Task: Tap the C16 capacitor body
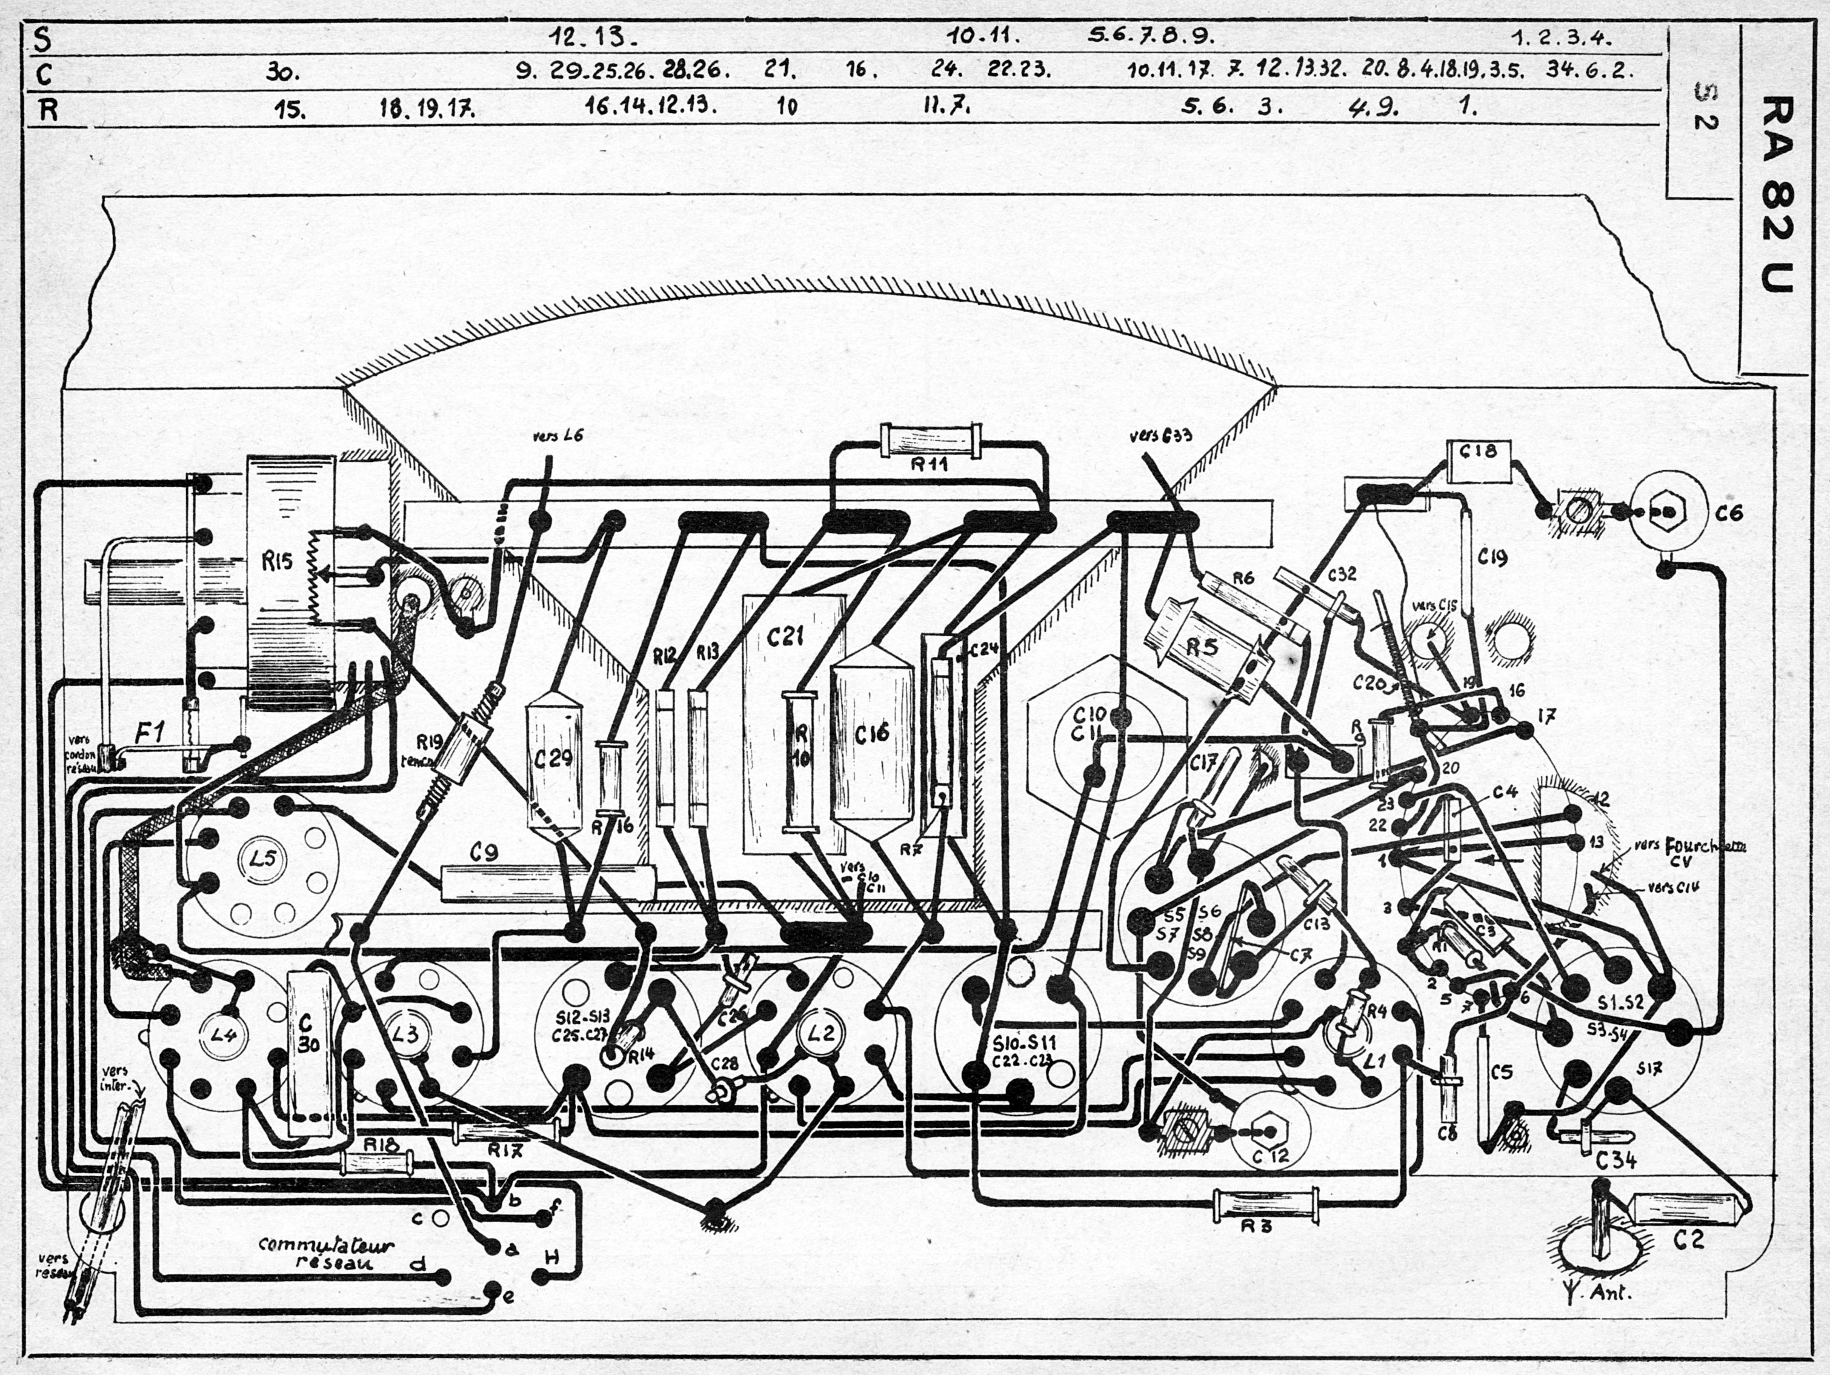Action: pyautogui.click(x=872, y=732)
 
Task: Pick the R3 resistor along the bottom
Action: pyautogui.click(x=1265, y=1205)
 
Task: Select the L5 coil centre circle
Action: pyautogui.click(x=262, y=859)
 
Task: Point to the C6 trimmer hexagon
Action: pyautogui.click(x=1668, y=513)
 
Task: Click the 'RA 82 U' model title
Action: pyautogui.click(x=1776, y=195)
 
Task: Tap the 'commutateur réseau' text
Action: pyautogui.click(x=326, y=1253)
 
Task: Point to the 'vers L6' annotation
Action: pyautogui.click(x=559, y=435)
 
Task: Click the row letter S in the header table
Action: pyautogui.click(x=41, y=39)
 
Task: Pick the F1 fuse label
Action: pyautogui.click(x=152, y=731)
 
